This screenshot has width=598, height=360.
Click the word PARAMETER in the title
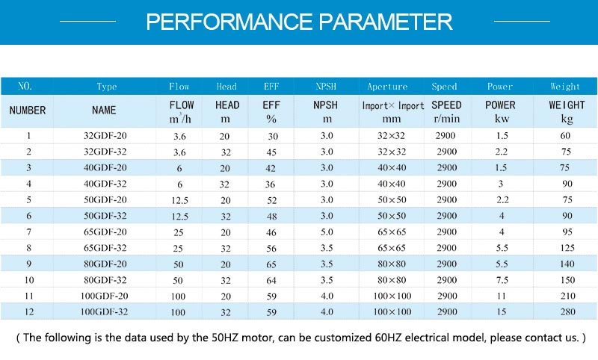tap(386, 22)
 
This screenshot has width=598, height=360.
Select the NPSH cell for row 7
tap(327, 232)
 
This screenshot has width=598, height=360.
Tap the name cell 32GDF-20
tap(105, 136)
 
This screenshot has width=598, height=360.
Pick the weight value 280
tap(567, 311)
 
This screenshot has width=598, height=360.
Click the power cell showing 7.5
tap(502, 280)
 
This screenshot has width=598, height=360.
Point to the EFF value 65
tap(271, 264)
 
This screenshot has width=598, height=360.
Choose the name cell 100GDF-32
tap(104, 311)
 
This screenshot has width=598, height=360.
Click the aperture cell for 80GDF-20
tap(392, 264)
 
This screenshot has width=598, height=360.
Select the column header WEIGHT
tap(567, 105)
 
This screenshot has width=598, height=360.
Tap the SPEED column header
tap(446, 105)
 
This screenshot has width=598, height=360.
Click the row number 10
tap(29, 280)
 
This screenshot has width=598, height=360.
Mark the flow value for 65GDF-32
tap(178, 249)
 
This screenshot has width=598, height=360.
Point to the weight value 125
tap(567, 248)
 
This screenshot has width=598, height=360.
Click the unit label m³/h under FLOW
tap(180, 119)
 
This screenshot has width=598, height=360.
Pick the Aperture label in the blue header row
tap(387, 87)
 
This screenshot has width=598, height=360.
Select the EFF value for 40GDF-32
tap(270, 184)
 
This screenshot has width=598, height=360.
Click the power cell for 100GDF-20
tap(501, 296)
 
